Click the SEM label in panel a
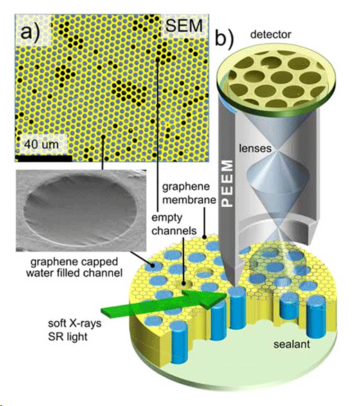click(183, 26)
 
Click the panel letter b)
click(224, 39)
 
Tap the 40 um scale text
click(42, 144)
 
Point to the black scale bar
click(44, 159)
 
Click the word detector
click(271, 35)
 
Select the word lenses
click(255, 148)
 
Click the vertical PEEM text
click(228, 184)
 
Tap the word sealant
click(291, 344)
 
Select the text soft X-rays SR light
click(75, 330)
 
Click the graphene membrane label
click(189, 193)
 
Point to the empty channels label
click(174, 224)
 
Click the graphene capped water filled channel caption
click(74, 267)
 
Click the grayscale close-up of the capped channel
click(81, 210)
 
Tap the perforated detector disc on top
click(276, 80)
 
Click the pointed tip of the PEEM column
click(234, 284)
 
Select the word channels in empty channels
click(174, 231)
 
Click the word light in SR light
click(76, 337)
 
